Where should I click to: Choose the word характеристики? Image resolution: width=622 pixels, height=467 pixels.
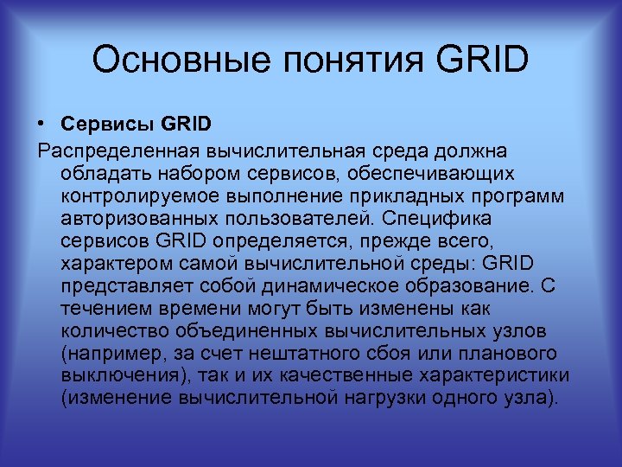(x=495, y=376)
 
